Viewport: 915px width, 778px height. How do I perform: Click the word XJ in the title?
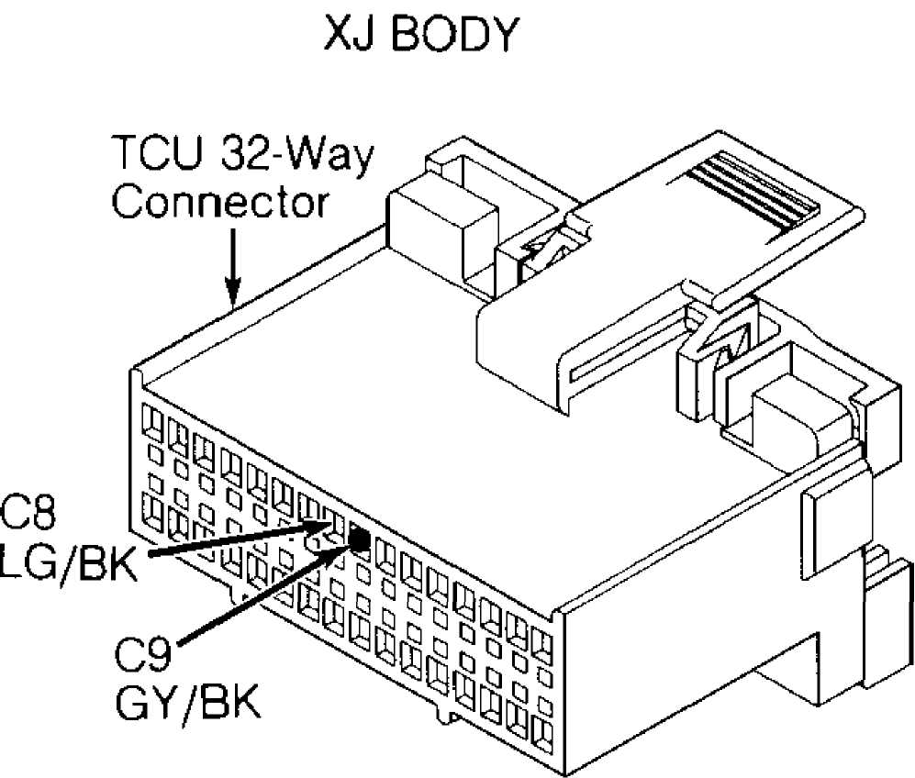(x=349, y=34)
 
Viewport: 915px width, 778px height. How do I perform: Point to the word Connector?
(x=220, y=203)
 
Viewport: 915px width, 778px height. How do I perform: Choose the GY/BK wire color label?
(x=187, y=702)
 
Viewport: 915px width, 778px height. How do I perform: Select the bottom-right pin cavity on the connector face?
(x=542, y=735)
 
